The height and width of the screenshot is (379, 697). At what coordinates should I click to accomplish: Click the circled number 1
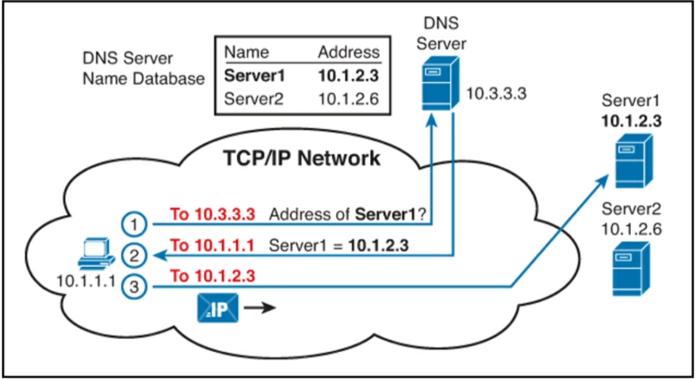tap(133, 223)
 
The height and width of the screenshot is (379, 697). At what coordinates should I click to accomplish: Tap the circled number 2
tap(133, 254)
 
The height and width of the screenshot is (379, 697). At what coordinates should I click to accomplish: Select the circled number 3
tap(133, 285)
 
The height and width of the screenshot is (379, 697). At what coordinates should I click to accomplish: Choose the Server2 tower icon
tap(631, 268)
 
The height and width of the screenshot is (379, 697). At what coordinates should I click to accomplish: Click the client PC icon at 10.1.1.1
tap(96, 256)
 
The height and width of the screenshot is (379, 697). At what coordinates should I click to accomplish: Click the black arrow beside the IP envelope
tap(259, 309)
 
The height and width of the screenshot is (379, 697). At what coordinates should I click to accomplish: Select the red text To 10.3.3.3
tap(213, 215)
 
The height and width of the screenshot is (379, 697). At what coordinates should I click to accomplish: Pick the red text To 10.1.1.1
tap(213, 246)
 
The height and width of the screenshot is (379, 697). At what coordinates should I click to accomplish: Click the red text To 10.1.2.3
tap(213, 276)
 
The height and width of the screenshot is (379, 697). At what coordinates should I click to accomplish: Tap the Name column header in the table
tap(247, 52)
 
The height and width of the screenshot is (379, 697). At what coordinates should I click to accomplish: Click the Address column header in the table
tap(348, 52)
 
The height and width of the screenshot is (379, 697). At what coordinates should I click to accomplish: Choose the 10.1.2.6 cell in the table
tap(348, 99)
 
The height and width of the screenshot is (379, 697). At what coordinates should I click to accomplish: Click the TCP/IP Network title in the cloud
tap(301, 158)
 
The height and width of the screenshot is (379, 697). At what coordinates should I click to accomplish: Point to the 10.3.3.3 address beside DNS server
tap(496, 93)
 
